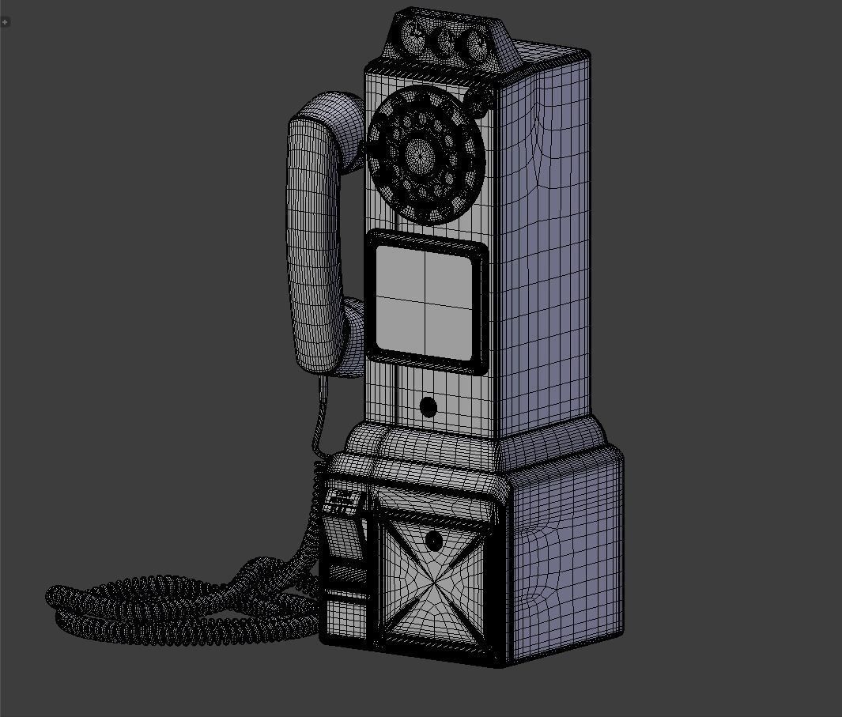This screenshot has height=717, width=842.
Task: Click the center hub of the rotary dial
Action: pyautogui.click(x=420, y=152)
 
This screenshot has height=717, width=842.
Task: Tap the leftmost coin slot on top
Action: pyautogui.click(x=413, y=34)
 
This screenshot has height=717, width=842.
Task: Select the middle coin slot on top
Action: pyautogui.click(x=446, y=40)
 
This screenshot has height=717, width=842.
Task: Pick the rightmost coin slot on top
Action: pyautogui.click(x=476, y=44)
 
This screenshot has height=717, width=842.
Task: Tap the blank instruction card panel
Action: pyautogui.click(x=425, y=300)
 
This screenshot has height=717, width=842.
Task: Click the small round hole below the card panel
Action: pyautogui.click(x=428, y=408)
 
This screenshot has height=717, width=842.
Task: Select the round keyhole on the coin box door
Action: pyautogui.click(x=433, y=542)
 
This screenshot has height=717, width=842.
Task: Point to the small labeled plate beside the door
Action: pyautogui.click(x=343, y=502)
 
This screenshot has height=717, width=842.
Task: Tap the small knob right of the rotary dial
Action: pyautogui.click(x=477, y=101)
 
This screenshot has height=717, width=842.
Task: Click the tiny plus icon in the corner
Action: pyautogui.click(x=6, y=21)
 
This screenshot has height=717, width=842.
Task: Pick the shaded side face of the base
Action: pyautogui.click(x=565, y=553)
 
